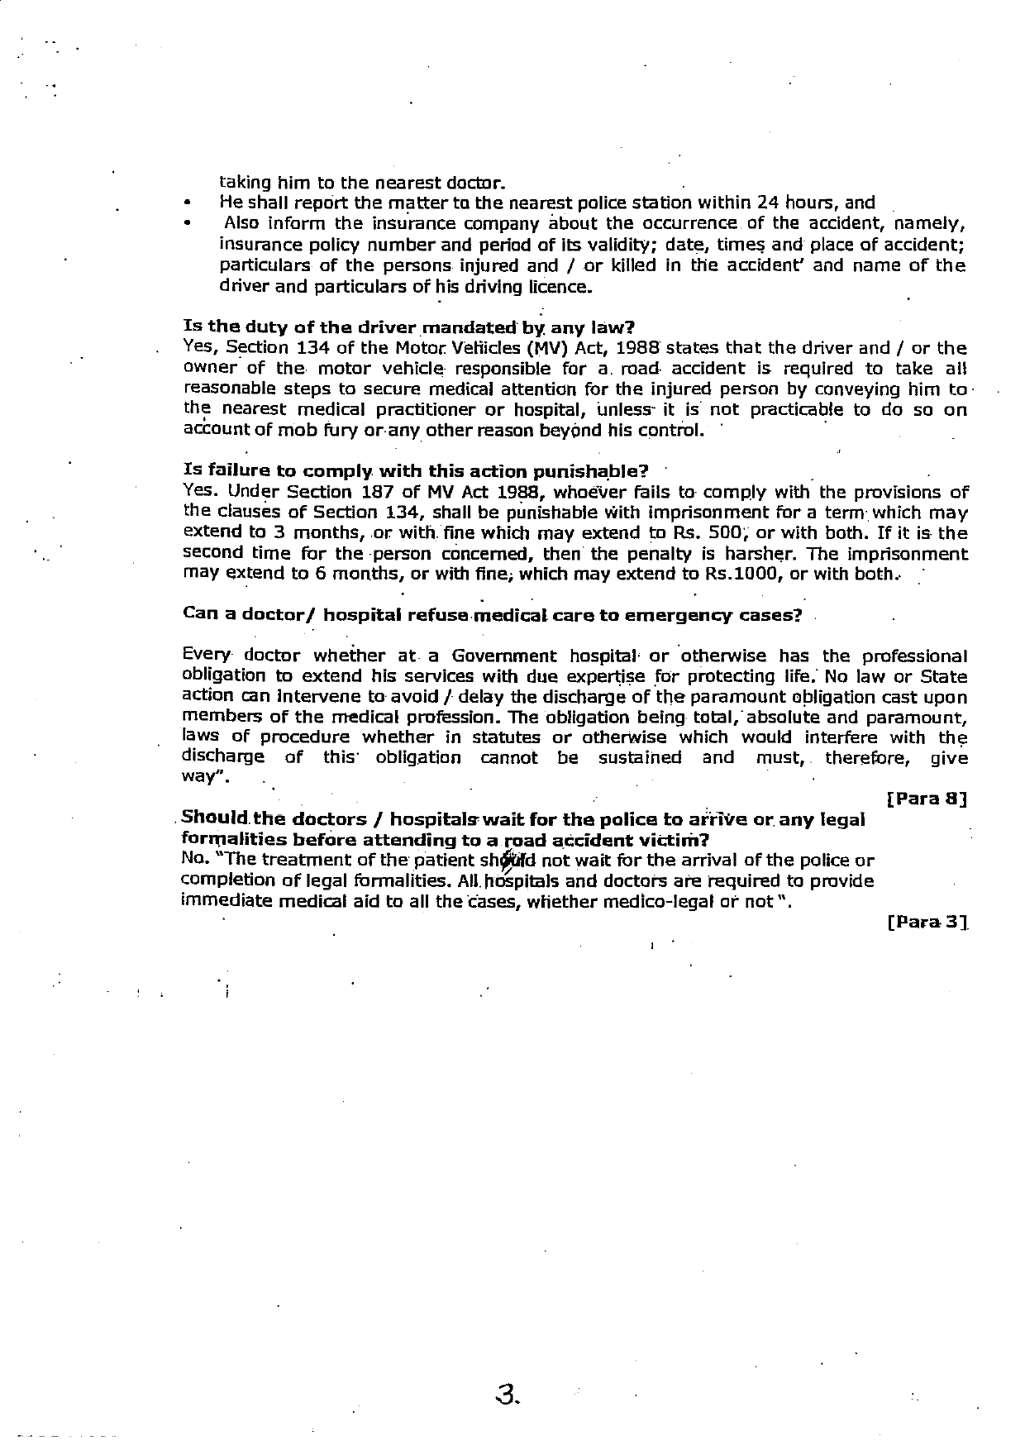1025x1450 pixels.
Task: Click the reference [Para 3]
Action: pos(927,921)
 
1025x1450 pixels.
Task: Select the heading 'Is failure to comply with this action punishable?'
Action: pos(415,472)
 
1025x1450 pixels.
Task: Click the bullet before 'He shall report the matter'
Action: pos(189,203)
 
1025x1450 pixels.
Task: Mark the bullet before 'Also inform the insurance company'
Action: pos(189,223)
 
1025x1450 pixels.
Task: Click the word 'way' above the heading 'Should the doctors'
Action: pos(200,778)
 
